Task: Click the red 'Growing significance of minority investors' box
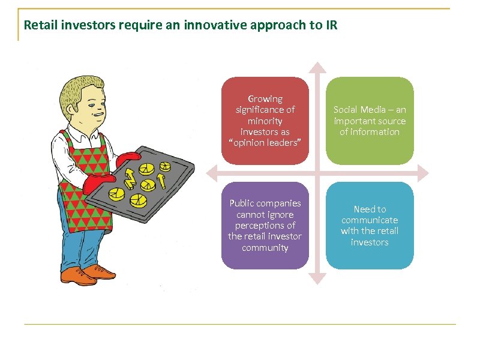(x=265, y=120)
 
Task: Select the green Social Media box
(x=370, y=120)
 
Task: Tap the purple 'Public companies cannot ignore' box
(x=265, y=226)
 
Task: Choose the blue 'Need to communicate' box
(x=370, y=226)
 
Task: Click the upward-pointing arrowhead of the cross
(x=318, y=67)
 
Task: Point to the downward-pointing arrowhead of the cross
(x=318, y=278)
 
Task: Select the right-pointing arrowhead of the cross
(x=423, y=173)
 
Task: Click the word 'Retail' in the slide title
(x=37, y=26)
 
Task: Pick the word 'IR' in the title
(x=332, y=26)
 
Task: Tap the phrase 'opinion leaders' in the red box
(x=265, y=143)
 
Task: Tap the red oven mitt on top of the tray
(x=128, y=158)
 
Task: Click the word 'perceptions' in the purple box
(x=265, y=226)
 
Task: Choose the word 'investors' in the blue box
(x=370, y=242)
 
